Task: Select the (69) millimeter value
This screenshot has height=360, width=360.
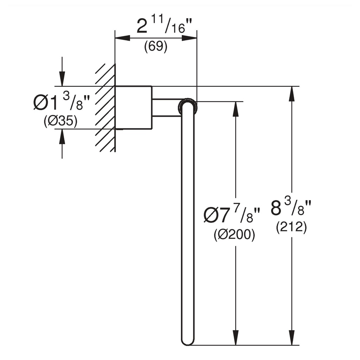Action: coord(156,47)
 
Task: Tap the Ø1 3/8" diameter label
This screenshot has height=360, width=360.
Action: coord(61,103)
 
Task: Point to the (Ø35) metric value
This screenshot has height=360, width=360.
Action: coord(60,121)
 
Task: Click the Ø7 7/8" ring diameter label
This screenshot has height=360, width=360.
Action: coord(232,215)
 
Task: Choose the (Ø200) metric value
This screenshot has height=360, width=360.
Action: coord(234,234)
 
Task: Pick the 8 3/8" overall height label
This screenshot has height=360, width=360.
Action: coord(291,207)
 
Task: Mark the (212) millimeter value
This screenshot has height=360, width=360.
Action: coord(291,227)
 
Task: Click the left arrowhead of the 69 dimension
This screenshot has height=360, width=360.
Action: coord(123,38)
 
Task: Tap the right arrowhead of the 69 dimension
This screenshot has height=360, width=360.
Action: coord(189,38)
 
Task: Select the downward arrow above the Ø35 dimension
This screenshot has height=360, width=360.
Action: coord(62,71)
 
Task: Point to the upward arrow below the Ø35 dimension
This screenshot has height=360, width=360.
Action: coord(62,144)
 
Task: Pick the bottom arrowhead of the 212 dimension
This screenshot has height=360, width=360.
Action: coord(292,337)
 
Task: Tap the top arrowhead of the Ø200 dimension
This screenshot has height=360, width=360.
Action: coord(236,109)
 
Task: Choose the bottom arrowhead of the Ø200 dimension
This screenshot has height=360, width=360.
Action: coord(236,337)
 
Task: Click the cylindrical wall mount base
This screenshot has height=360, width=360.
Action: coord(133,108)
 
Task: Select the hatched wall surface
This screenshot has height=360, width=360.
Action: coord(105,108)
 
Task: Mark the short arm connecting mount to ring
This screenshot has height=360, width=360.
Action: coord(166,108)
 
